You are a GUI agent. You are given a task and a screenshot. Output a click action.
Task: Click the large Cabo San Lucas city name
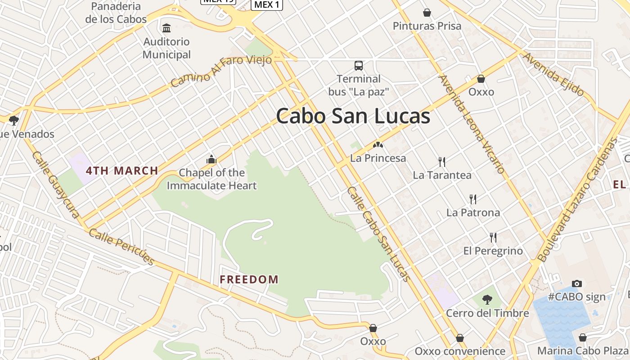(353, 116)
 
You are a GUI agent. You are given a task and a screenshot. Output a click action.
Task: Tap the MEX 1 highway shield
(266, 4)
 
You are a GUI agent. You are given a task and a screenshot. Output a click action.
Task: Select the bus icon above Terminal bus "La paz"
(359, 66)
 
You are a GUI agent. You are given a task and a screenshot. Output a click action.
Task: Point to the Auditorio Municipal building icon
(167, 28)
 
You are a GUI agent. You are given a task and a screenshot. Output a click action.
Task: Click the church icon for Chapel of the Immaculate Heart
(211, 159)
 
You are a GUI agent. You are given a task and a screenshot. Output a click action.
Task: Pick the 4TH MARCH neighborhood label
(122, 171)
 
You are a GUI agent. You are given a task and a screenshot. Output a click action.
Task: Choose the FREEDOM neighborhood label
(249, 279)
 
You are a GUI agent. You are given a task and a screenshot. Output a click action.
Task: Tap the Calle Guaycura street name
(56, 184)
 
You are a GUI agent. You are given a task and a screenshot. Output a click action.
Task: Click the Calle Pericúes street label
(122, 247)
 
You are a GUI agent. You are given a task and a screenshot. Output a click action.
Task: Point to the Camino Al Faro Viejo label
(221, 71)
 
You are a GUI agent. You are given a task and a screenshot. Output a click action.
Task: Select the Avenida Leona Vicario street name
(471, 124)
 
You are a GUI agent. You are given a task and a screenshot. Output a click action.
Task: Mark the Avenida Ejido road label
(553, 74)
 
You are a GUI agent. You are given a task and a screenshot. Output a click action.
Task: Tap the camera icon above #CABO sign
(577, 283)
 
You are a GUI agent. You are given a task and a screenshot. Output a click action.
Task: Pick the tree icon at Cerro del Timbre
(487, 299)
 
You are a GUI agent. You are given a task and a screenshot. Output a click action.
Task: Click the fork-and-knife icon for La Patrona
(473, 199)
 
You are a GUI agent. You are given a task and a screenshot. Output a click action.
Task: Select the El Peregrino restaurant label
(493, 251)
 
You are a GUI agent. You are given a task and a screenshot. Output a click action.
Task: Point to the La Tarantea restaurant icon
(442, 162)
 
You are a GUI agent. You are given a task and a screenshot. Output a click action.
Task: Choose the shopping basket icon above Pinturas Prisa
(427, 13)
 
